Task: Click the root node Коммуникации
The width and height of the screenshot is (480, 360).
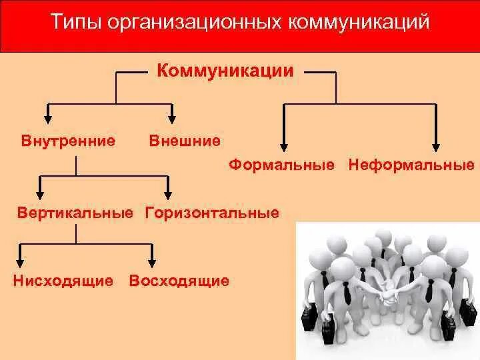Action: click(x=225, y=71)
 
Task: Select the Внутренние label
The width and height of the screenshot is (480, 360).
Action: click(x=69, y=141)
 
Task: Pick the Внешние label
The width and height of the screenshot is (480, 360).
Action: click(x=185, y=141)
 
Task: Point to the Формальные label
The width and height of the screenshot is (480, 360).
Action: click(x=281, y=164)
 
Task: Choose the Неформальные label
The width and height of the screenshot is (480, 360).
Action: click(x=411, y=164)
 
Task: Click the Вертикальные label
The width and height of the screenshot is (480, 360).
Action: click(x=75, y=213)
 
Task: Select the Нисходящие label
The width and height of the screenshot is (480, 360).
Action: click(x=63, y=280)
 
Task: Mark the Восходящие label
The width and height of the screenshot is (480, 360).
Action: click(x=179, y=280)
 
